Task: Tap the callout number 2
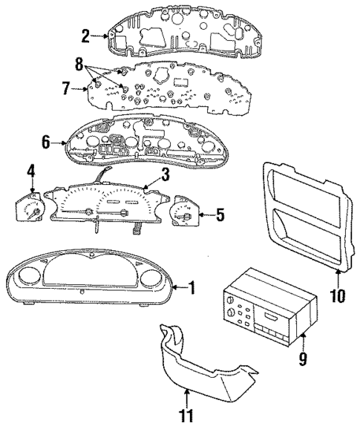86,34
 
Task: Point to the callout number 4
31,172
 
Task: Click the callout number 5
219,216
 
